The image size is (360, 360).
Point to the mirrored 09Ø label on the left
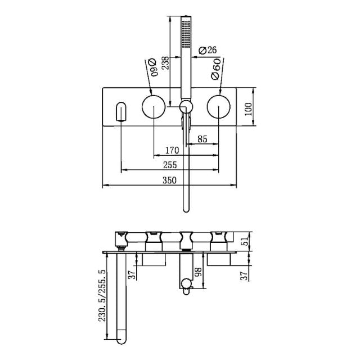click(151, 65)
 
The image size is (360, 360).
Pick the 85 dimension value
click(202, 137)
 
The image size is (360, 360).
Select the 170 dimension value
click(173, 150)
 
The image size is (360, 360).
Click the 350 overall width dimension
click(169, 180)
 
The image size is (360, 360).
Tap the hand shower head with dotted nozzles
click(186, 34)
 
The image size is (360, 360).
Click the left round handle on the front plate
click(152, 106)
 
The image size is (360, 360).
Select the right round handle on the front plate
click(218, 106)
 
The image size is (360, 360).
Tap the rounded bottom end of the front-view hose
click(187, 209)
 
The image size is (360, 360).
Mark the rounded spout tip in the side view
click(122, 339)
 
